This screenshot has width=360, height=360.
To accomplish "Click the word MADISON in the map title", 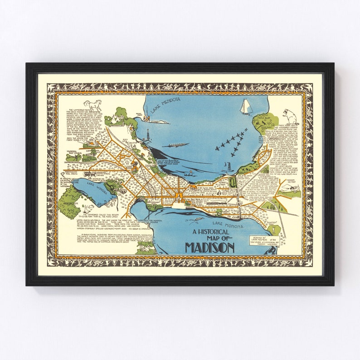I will (x=209, y=248).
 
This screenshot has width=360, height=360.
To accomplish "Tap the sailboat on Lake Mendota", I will (x=245, y=107).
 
